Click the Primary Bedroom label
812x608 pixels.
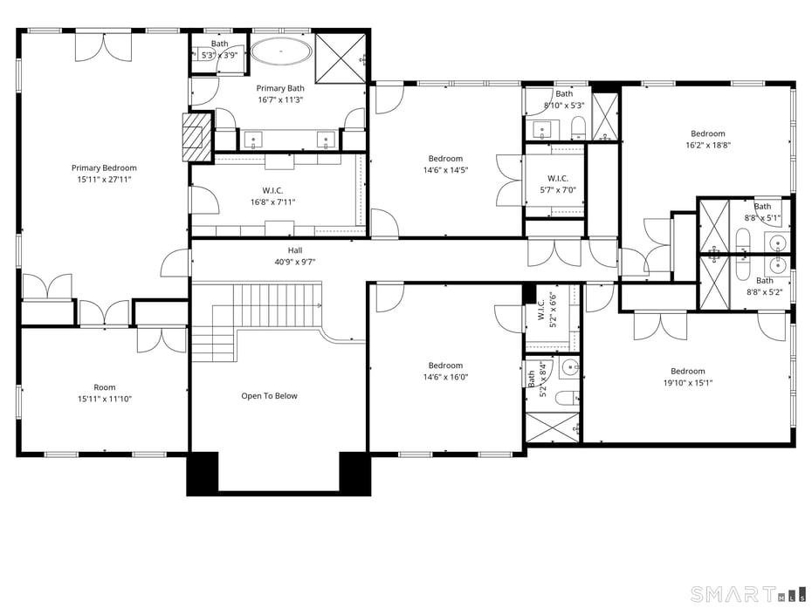(104, 174)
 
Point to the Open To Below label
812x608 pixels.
(269, 396)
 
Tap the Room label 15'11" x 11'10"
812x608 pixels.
(104, 393)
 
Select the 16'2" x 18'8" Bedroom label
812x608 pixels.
(707, 140)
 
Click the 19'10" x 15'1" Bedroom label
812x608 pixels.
(688, 377)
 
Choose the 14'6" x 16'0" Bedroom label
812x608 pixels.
(445, 372)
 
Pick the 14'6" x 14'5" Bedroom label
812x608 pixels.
(445, 164)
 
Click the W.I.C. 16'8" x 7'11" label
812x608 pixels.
(272, 196)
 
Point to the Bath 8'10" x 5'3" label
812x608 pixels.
(564, 99)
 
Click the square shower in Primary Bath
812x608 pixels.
(341, 58)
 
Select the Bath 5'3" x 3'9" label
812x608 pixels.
(219, 50)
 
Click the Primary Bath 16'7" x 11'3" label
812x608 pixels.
(280, 94)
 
